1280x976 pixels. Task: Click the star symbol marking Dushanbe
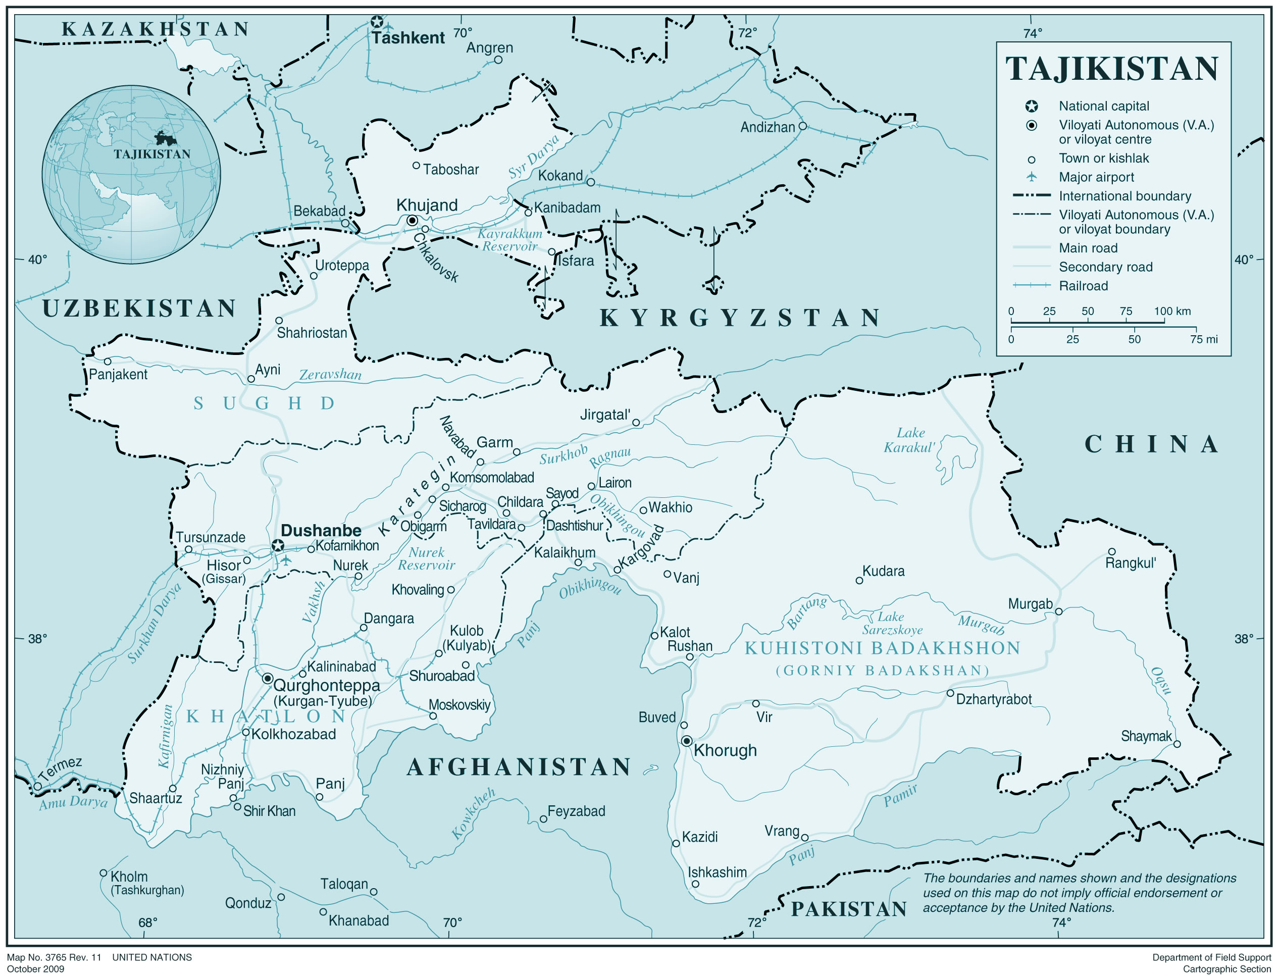tap(278, 545)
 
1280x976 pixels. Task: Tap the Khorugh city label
tap(725, 751)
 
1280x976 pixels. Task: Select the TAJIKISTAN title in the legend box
tap(1111, 69)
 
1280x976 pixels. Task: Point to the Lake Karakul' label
tap(909, 440)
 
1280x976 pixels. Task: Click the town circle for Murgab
tap(1059, 612)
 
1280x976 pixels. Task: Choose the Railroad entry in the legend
tap(1083, 286)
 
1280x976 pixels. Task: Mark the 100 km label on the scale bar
tap(1172, 311)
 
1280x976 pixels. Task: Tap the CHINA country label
tap(1152, 444)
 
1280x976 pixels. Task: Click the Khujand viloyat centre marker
tap(412, 220)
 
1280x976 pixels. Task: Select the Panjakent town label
tap(118, 374)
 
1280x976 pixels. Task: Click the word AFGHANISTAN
tap(519, 767)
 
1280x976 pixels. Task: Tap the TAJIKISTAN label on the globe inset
tap(151, 155)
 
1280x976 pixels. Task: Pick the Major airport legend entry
tap(1096, 177)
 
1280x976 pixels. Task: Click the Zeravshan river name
tap(330, 375)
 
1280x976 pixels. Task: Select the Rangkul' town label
tap(1130, 563)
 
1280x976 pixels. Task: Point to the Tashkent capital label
tap(408, 38)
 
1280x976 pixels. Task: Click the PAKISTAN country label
tap(849, 909)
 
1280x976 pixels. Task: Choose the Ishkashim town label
tap(717, 872)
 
